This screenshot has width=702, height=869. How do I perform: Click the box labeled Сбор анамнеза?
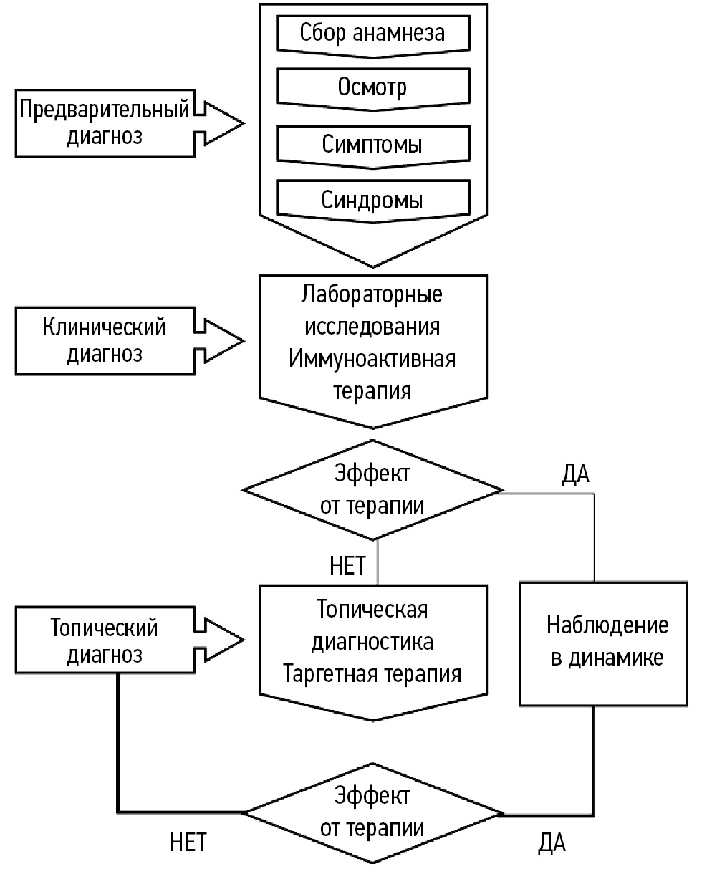(x=372, y=32)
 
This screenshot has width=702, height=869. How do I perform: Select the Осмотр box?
(x=372, y=87)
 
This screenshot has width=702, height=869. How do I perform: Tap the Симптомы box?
(x=372, y=144)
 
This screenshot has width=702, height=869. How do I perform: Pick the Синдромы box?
(x=372, y=198)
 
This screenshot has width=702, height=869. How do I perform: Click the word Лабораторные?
(x=372, y=294)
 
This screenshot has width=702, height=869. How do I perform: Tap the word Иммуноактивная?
(x=372, y=359)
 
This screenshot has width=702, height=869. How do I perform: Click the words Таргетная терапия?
(x=372, y=674)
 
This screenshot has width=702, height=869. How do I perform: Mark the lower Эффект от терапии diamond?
(x=372, y=812)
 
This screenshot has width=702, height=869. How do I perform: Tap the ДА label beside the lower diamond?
(x=552, y=843)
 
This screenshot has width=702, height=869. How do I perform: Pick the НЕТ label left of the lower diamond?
(x=188, y=842)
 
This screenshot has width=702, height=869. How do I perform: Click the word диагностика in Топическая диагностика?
(x=372, y=642)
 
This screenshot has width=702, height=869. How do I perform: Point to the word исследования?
(x=372, y=327)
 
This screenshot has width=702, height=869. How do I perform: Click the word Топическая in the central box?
(x=372, y=610)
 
